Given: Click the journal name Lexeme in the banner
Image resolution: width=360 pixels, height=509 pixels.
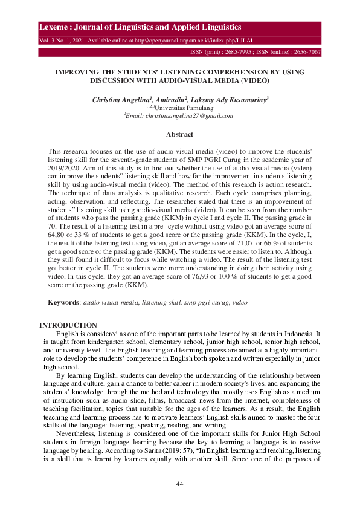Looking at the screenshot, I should click(53, 28).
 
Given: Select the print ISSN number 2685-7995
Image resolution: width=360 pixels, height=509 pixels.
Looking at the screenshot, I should click(239, 53).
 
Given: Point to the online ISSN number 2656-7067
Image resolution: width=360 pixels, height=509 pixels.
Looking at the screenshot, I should click(306, 53).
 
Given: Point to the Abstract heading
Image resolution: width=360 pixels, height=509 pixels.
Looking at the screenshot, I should click(179, 134).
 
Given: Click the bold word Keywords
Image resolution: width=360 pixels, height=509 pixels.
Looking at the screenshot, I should click(63, 301).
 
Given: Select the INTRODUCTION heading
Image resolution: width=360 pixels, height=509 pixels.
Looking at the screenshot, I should click(68, 325).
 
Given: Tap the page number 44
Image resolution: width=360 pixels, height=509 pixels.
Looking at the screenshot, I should click(179, 484).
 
